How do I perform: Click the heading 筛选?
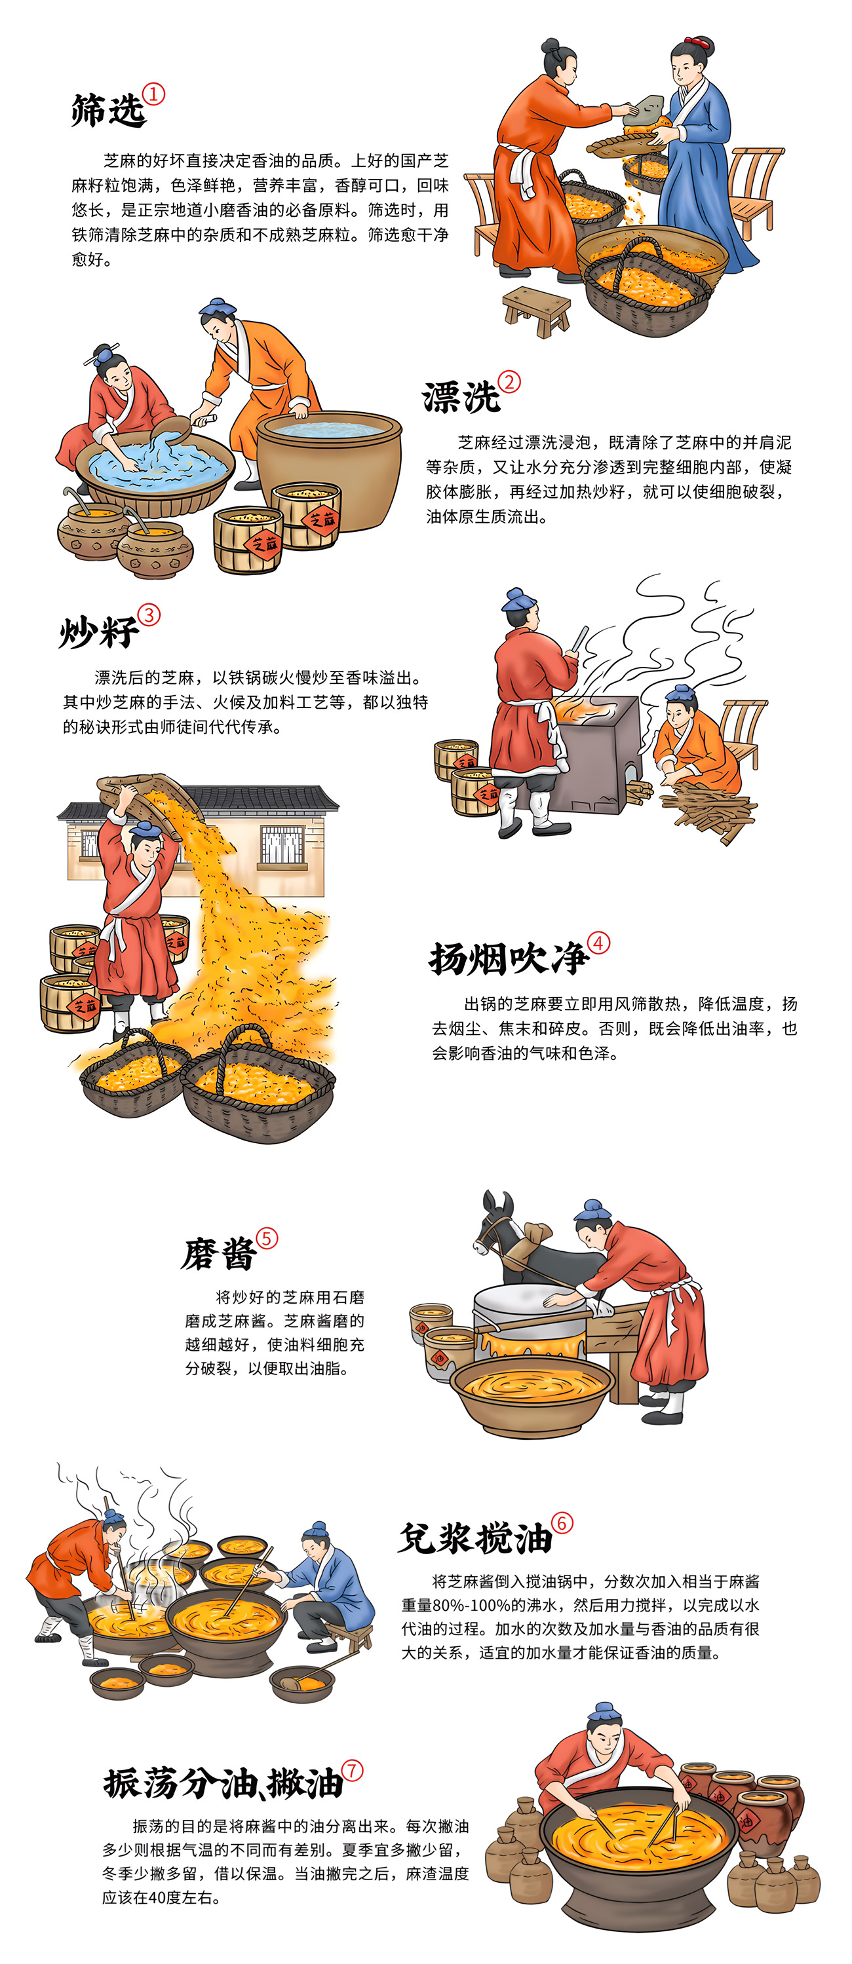(107, 111)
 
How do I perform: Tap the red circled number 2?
(509, 381)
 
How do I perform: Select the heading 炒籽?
(98, 632)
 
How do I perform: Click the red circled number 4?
(599, 943)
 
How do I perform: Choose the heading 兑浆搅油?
(474, 1538)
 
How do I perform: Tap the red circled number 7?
(352, 1770)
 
